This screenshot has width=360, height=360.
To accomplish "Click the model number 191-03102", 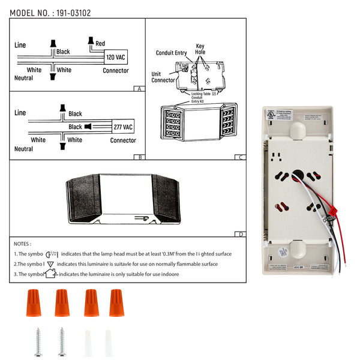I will tap(74, 12).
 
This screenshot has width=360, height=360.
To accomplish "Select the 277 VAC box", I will tap(123, 127).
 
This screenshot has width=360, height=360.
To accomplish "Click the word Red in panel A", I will tap(100, 43).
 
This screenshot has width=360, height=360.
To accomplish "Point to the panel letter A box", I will tap(139, 88).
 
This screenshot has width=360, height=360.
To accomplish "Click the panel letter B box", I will tap(139, 157).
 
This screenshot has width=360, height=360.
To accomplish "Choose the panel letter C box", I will tap(241, 157).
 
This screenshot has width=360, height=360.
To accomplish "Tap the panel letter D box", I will tap(241, 234).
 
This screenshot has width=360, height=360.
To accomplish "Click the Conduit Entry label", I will tap(172, 53).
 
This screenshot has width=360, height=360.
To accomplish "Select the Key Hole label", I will tap(200, 49).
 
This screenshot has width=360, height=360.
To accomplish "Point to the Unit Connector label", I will tap(163, 77).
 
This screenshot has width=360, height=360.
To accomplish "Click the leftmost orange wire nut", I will tap(33, 303).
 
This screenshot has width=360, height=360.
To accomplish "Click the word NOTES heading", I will tap(22, 244).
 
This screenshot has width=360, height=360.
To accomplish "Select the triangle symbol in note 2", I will tap(50, 264).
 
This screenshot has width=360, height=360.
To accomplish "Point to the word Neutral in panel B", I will tap(23, 149).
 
